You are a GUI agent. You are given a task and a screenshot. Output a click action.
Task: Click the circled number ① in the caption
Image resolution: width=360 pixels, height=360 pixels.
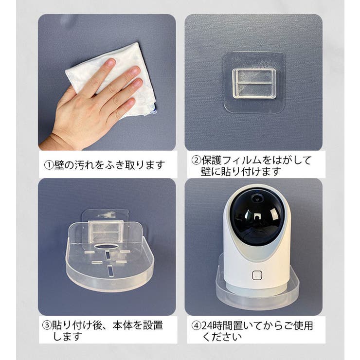tap(49, 165)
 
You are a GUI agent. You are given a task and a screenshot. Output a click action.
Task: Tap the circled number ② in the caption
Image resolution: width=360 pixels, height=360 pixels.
tap(197, 160)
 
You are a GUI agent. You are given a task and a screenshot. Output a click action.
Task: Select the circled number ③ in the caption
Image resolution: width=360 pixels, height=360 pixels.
tap(47, 325)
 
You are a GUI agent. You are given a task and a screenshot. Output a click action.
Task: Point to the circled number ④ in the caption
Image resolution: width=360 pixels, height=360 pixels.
tap(197, 325)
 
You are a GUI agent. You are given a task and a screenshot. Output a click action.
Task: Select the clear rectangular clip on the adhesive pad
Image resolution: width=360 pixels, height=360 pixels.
tap(254, 84)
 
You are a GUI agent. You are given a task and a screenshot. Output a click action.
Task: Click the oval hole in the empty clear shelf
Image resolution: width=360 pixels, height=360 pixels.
tap(107, 247)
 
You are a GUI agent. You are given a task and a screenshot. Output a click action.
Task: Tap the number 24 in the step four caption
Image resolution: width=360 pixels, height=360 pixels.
tap(207, 325)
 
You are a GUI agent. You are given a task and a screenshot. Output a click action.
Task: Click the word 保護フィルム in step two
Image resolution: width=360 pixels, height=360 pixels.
tap(232, 160)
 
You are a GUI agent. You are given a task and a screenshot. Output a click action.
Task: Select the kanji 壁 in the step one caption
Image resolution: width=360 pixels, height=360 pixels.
tap(59, 165)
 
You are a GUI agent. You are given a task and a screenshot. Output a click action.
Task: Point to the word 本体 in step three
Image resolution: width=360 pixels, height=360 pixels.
tap(122, 325)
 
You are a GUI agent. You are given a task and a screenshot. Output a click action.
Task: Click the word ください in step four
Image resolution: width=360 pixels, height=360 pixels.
tap(221, 337)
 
